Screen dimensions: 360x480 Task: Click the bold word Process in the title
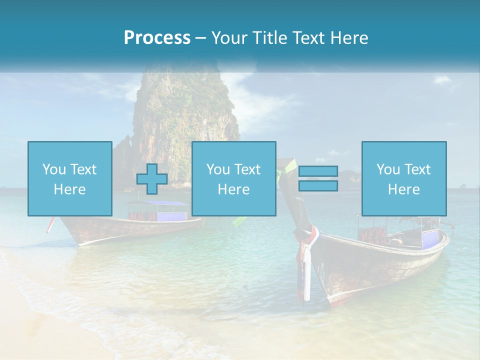[157, 38]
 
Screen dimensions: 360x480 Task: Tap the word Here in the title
[349, 38]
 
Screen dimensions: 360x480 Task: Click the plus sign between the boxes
[152, 179]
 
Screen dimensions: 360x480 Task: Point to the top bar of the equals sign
[318, 172]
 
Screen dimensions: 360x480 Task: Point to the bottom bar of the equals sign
[318, 185]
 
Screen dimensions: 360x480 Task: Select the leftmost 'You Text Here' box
[69, 178]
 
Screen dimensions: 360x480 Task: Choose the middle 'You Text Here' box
[233, 178]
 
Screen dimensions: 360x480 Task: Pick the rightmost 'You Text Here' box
[403, 178]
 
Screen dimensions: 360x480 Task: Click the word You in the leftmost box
[53, 169]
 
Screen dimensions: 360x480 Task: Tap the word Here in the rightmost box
[403, 189]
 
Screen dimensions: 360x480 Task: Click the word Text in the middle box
[247, 169]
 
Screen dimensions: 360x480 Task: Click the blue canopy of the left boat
[157, 203]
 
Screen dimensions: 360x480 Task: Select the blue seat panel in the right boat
[429, 239]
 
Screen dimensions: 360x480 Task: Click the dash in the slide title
[200, 38]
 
